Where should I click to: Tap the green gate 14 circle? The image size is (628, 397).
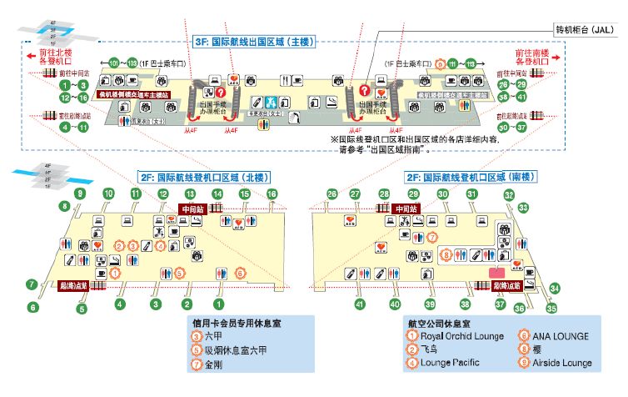tap(217, 193)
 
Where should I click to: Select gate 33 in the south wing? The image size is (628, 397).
tap(524, 206)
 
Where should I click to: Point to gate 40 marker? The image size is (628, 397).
tap(395, 304)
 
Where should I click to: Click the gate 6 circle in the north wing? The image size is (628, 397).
tap(34, 307)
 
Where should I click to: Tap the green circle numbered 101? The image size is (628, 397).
tap(115, 63)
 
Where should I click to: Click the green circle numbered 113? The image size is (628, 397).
tap(471, 64)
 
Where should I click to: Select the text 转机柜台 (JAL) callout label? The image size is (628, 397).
tap(585, 29)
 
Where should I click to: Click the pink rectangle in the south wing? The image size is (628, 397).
tap(497, 272)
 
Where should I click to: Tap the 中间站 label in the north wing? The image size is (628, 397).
tap(192, 209)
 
